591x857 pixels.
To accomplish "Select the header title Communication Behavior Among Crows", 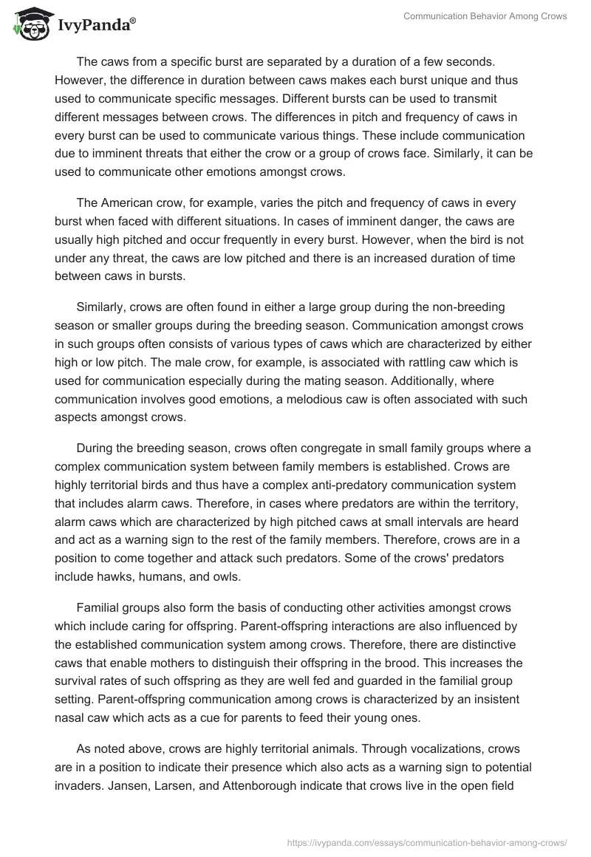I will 485,16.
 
